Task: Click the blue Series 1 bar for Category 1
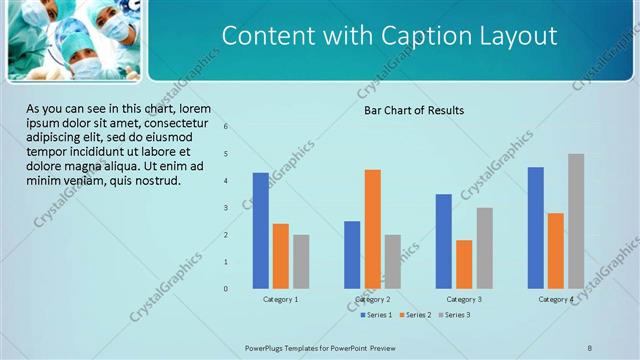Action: tap(260, 231)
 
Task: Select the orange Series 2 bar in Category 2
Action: tap(372, 229)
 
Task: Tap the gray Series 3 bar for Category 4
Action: tap(576, 221)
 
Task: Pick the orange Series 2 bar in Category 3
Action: tap(464, 264)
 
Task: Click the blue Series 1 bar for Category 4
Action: tap(536, 228)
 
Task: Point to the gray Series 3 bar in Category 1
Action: tap(301, 262)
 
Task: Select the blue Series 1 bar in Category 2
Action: tap(352, 255)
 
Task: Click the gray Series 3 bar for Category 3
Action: tap(484, 248)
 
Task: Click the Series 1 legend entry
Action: tap(376, 315)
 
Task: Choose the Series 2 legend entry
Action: tap(415, 315)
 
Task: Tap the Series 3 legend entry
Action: tap(454, 315)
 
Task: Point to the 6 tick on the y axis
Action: tap(226, 127)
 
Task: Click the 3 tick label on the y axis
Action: tap(226, 208)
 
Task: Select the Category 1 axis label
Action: tap(281, 299)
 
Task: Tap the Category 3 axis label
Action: tap(464, 299)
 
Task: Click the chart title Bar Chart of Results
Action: tap(413, 110)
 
